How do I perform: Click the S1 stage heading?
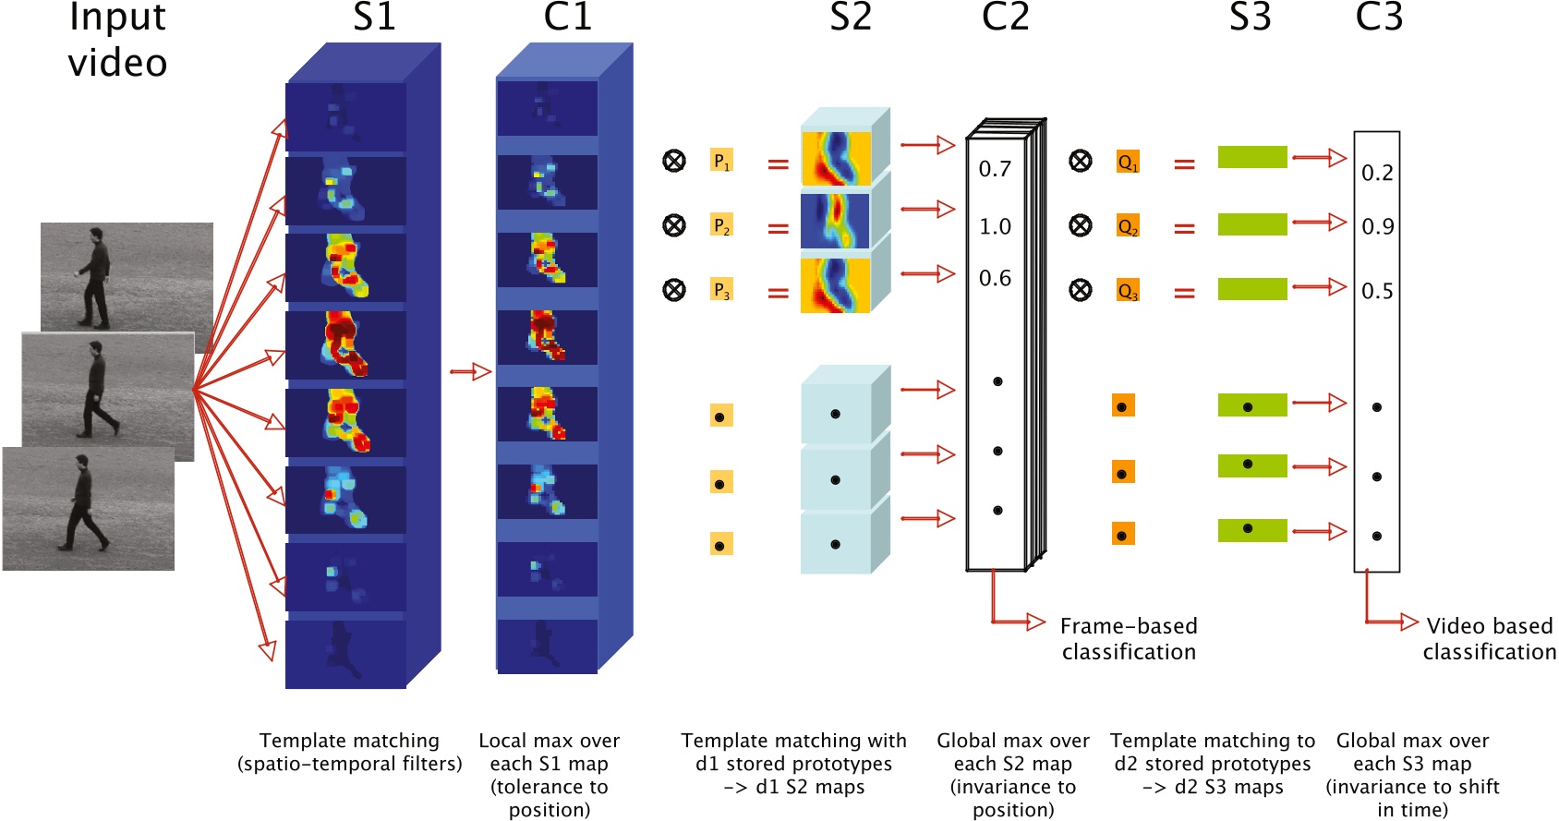tap(374, 17)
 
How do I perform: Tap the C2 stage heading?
tap(1005, 17)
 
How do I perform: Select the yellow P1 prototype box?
tap(721, 161)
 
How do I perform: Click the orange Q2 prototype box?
tap(1127, 226)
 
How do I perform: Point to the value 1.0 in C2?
tap(995, 226)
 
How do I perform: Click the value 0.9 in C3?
tap(1377, 226)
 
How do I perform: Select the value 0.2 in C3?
tap(1377, 173)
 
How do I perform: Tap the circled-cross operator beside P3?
tap(674, 290)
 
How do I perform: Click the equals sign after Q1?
tap(1184, 164)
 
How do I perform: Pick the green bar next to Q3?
tap(1251, 289)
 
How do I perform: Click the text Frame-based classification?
tap(1129, 638)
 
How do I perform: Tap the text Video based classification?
tap(1489, 638)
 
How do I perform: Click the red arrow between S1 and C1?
tap(470, 371)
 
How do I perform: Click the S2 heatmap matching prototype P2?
tap(835, 221)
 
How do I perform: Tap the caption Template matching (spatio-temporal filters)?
tap(350, 752)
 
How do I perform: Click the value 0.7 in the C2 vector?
tap(995, 169)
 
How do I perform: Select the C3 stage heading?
tap(1378, 17)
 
